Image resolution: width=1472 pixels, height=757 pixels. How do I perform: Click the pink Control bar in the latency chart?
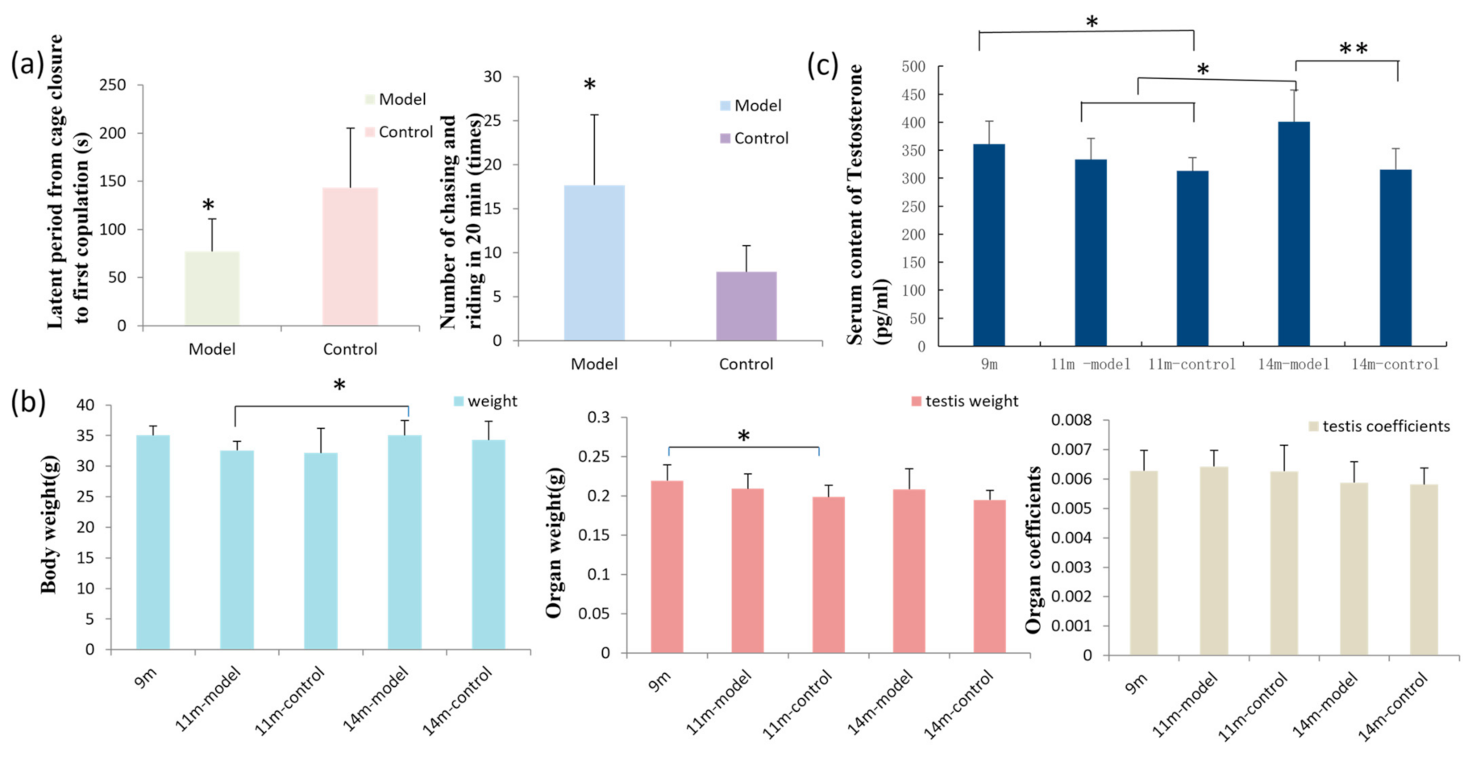tap(350, 256)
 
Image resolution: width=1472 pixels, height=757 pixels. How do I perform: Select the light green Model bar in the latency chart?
tap(212, 289)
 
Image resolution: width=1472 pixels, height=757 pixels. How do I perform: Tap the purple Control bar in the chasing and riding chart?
tap(746, 306)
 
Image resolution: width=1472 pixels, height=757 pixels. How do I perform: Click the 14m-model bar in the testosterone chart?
tap(1294, 234)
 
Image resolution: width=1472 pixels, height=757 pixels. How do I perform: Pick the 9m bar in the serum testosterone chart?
tap(989, 245)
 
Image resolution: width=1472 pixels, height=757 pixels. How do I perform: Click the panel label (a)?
tap(27, 63)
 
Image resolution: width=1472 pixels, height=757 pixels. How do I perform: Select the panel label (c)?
tap(823, 65)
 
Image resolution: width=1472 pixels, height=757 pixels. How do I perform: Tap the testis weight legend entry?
tap(964, 401)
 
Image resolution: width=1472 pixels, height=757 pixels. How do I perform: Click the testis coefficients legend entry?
tap(1378, 426)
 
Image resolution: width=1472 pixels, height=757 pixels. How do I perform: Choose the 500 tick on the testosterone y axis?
tap(914, 67)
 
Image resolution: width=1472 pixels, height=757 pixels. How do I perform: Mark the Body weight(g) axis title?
tap(49, 527)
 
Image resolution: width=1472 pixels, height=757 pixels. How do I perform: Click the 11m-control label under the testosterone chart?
tap(1191, 364)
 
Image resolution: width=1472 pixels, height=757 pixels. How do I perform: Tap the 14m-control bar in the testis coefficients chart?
tap(1424, 569)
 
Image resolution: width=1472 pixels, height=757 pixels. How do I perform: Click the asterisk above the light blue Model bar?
tap(589, 85)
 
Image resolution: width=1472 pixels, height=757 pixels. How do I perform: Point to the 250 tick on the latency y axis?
tap(113, 85)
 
